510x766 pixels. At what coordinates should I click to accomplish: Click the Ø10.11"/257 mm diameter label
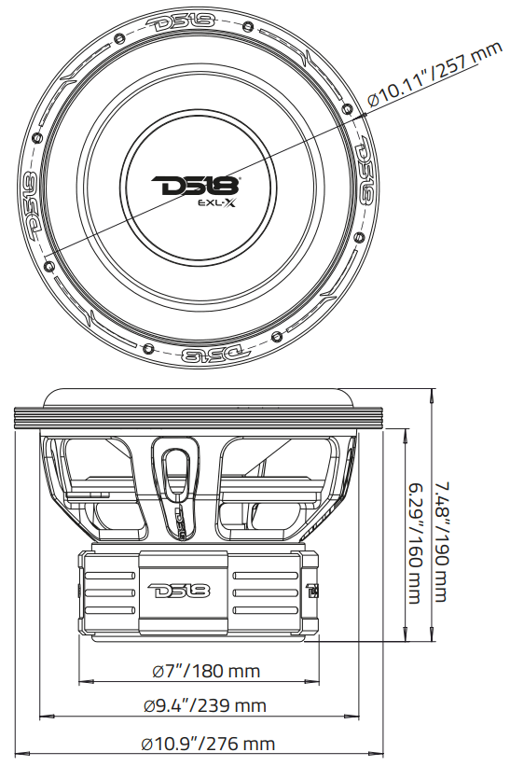(434, 74)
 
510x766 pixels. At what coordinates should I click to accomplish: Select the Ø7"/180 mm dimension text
(206, 671)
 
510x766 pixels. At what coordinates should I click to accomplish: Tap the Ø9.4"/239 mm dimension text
(205, 706)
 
